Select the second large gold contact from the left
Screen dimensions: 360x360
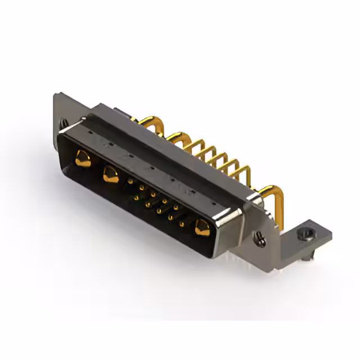pyautogui.click(x=110, y=175)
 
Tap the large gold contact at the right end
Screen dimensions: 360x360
pyautogui.click(x=201, y=229)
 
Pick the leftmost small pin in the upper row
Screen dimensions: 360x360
pyautogui.click(x=131, y=182)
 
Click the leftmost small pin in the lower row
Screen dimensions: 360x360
pyautogui.click(x=136, y=198)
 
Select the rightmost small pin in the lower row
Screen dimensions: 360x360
pyautogui.click(x=181, y=224)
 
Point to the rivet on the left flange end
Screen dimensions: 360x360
pyautogui.click(x=64, y=122)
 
